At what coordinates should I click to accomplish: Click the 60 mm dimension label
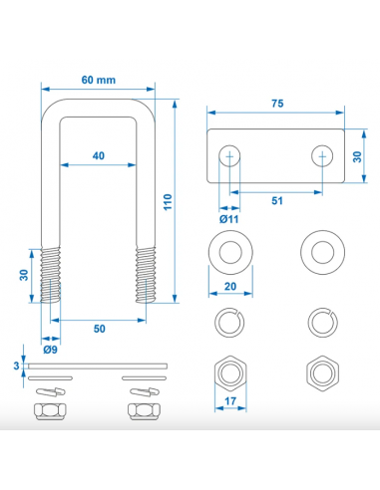pos(99,80)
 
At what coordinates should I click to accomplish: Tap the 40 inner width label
pos(99,155)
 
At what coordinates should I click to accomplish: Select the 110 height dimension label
pos(168,202)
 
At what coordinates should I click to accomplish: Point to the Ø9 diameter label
pos(50,350)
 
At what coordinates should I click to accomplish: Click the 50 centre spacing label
pos(99,329)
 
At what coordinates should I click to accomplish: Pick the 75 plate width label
pos(277,104)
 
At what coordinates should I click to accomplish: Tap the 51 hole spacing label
pos(277,201)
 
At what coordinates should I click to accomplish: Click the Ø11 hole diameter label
pos(229,219)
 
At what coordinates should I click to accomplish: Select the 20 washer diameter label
pos(230,286)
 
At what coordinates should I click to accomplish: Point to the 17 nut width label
pos(230,401)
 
